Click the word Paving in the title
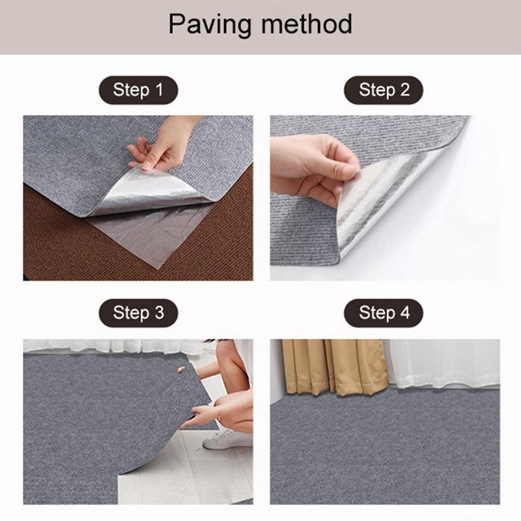pyautogui.click(x=210, y=25)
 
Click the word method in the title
pyautogui.click(x=306, y=24)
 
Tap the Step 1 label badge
pyautogui.click(x=138, y=90)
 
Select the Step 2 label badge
pyautogui.click(x=384, y=90)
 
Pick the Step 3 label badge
pyautogui.click(x=138, y=313)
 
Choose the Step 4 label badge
pyautogui.click(x=384, y=313)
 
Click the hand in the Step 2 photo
pyautogui.click(x=313, y=169)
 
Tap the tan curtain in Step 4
pyautogui.click(x=335, y=367)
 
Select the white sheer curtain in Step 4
pyautogui.click(x=444, y=363)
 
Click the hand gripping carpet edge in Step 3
pyautogui.click(x=199, y=416)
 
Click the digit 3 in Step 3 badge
pyautogui.click(x=160, y=313)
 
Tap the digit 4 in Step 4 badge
pyautogui.click(x=404, y=313)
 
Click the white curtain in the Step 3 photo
pyautogui.click(x=113, y=346)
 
